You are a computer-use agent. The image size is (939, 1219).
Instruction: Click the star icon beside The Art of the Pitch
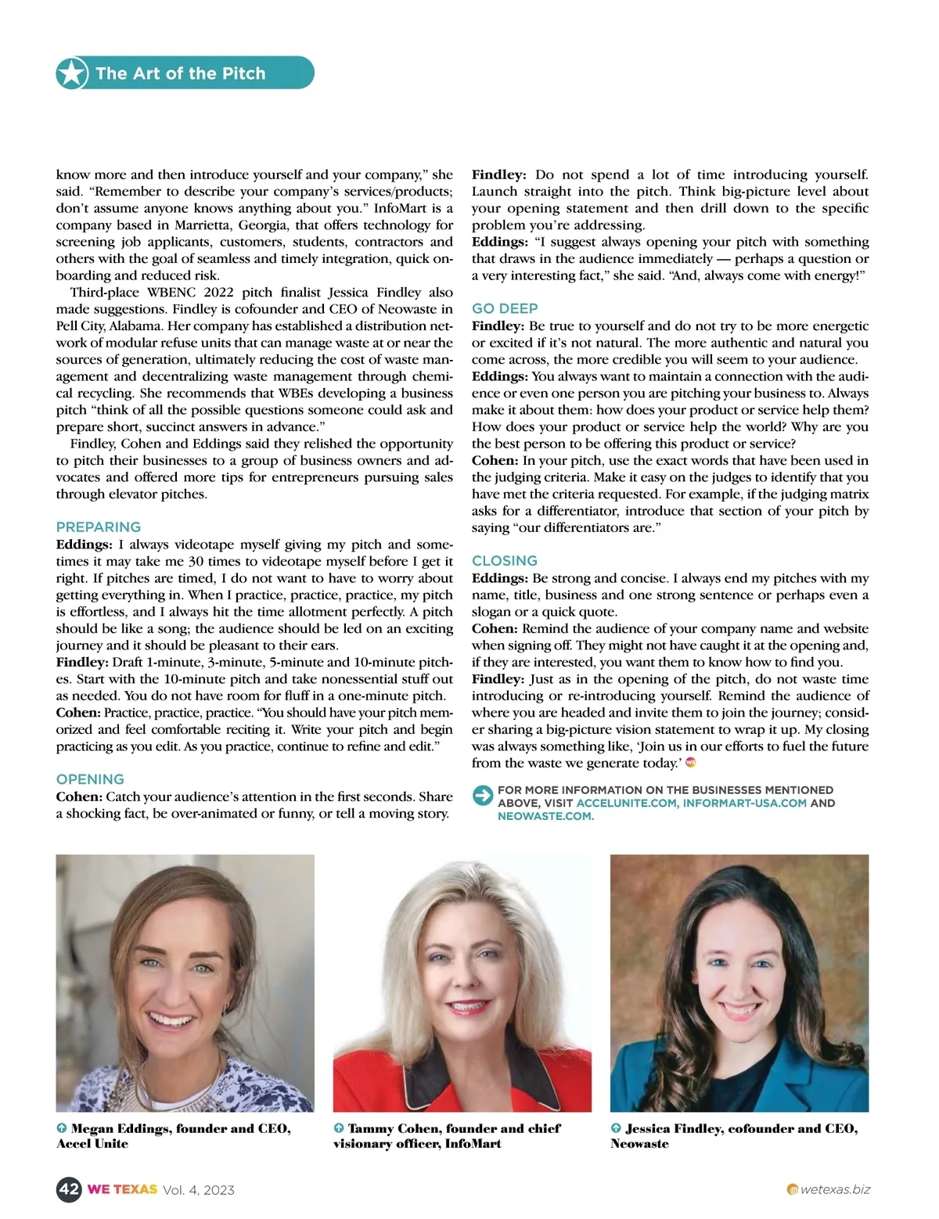tap(72, 74)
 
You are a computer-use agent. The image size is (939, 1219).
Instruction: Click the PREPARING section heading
tap(99, 527)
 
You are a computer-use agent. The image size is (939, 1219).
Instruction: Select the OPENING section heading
tap(90, 779)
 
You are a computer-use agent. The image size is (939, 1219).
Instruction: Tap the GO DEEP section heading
tap(505, 309)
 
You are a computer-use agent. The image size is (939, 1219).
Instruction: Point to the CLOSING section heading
tap(505, 561)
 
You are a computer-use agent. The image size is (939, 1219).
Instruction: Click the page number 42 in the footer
tap(69, 1189)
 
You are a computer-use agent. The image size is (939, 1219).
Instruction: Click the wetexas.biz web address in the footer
tap(835, 1189)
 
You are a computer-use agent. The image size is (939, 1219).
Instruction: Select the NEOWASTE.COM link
tap(545, 816)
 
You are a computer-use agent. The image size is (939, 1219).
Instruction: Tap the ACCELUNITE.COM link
tap(627, 803)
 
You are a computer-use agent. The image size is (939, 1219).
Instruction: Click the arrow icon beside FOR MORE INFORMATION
tap(483, 796)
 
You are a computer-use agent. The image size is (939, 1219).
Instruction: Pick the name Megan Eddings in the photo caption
tap(119, 1128)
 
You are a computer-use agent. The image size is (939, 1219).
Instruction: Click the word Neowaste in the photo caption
tap(640, 1144)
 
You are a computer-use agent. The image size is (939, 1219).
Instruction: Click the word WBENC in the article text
tap(171, 293)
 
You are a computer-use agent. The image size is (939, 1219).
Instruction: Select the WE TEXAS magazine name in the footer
tap(122, 1189)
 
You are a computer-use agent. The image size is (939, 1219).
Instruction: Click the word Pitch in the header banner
tap(243, 74)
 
